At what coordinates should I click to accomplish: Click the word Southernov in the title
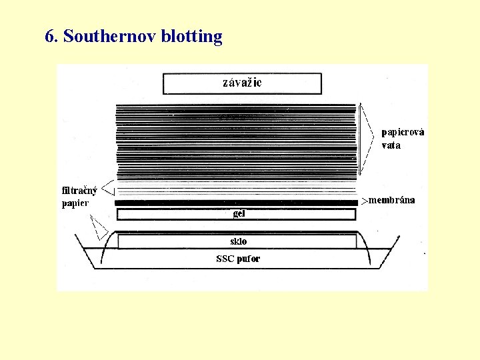[110, 36]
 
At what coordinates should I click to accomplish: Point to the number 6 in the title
[49, 36]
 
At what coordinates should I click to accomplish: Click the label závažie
[242, 83]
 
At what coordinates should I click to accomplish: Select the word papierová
[403, 132]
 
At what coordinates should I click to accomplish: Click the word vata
[391, 145]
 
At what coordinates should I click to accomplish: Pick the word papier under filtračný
[75, 203]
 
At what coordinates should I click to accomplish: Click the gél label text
[239, 214]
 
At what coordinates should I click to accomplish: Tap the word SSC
[225, 259]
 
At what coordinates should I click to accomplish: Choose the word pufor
[249, 259]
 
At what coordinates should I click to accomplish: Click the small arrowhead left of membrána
[364, 200]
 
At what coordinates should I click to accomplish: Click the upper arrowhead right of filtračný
[109, 189]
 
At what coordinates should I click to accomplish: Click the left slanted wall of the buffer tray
[87, 257]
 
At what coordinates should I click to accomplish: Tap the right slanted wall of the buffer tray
[385, 257]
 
